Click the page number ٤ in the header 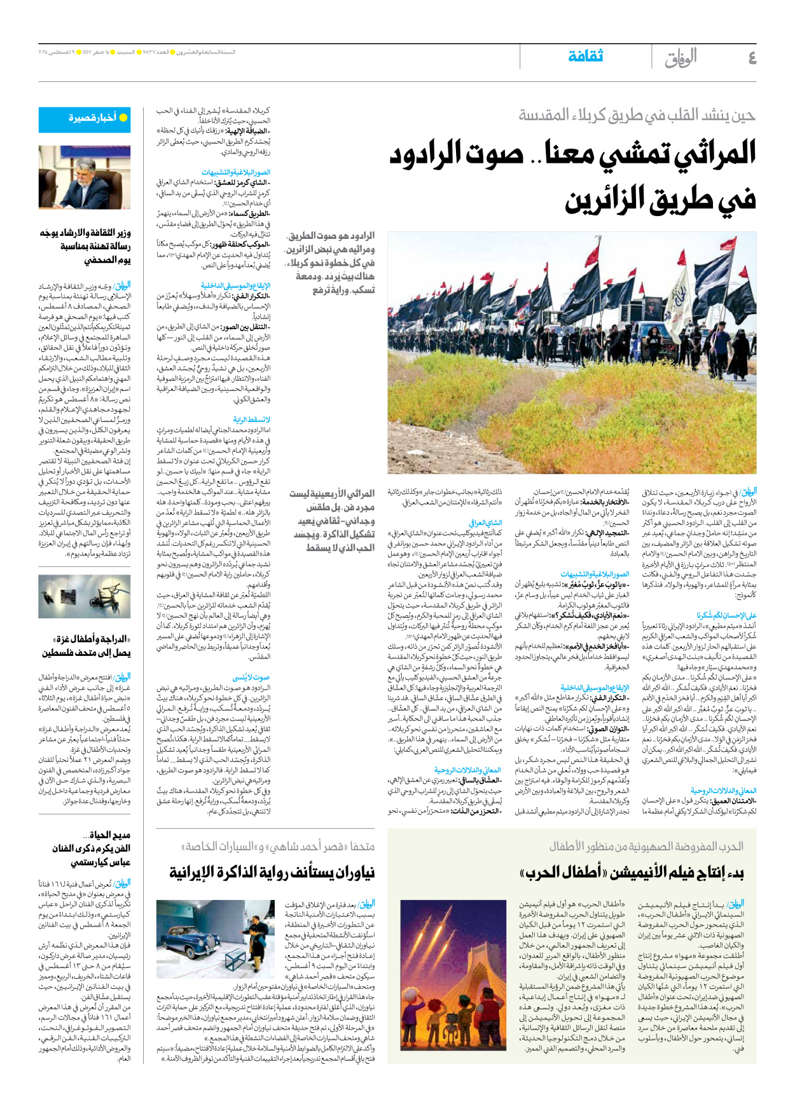(752, 58)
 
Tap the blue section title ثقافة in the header (585, 57)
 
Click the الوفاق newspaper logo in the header (681, 58)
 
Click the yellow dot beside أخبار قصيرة (123, 118)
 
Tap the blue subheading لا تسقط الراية (252, 419)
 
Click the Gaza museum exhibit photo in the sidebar (85, 597)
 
